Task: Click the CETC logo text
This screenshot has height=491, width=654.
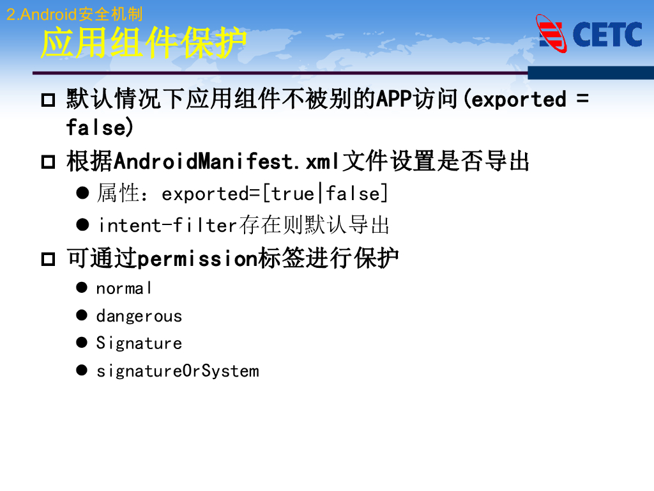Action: pyautogui.click(x=607, y=35)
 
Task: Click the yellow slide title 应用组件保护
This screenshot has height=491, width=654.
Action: pyautogui.click(x=143, y=43)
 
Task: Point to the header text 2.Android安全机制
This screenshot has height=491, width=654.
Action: pyautogui.click(x=74, y=14)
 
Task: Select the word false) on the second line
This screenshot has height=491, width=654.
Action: pyautogui.click(x=100, y=127)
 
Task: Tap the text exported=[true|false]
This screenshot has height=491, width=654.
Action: pyautogui.click(x=275, y=193)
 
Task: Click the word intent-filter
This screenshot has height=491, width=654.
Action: pyautogui.click(x=167, y=225)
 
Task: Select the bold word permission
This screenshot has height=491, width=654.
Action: pyautogui.click(x=197, y=259)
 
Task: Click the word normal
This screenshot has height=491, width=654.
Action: pyautogui.click(x=124, y=288)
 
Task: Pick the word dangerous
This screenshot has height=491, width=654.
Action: pyautogui.click(x=139, y=316)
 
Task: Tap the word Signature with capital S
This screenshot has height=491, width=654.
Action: pyautogui.click(x=139, y=343)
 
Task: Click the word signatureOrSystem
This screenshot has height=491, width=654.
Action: pyautogui.click(x=178, y=371)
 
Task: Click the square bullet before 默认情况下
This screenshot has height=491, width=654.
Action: pyautogui.click(x=49, y=100)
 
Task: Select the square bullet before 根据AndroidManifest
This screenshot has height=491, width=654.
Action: pyautogui.click(x=49, y=162)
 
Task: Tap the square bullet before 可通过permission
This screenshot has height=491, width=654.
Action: pyautogui.click(x=49, y=260)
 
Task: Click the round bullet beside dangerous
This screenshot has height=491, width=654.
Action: pyautogui.click(x=81, y=315)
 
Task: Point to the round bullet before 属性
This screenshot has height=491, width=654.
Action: pyautogui.click(x=82, y=192)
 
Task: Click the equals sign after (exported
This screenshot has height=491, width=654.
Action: pyautogui.click(x=582, y=99)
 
